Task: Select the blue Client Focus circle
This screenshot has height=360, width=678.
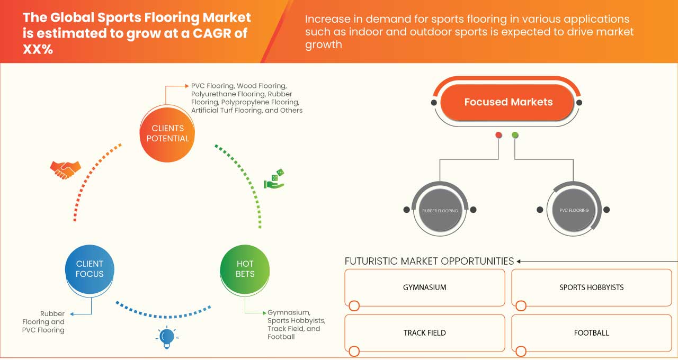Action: coord(90,269)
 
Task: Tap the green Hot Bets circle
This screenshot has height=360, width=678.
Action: coord(245,269)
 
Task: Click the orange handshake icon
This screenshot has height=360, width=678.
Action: coord(65,169)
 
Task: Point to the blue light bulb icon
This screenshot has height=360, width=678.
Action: coord(167,337)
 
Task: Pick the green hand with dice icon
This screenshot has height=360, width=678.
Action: coord(274,179)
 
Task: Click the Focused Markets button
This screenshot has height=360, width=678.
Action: coord(508,102)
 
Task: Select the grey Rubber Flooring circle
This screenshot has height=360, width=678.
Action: coord(440,210)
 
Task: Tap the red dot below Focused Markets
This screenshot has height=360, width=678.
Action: coord(498,136)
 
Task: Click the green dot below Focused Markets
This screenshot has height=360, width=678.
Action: coord(515,136)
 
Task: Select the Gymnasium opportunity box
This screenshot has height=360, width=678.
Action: coord(425,287)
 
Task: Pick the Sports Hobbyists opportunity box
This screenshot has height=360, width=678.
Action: coord(591,287)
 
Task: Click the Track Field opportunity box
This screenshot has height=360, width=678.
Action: coord(425,333)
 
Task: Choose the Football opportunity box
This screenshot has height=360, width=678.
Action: coord(591,333)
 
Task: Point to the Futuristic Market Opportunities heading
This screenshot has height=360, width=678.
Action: coord(429,261)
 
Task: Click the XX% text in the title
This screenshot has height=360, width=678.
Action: coord(38,50)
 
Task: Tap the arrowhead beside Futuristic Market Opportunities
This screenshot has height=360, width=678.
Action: coord(519,261)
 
